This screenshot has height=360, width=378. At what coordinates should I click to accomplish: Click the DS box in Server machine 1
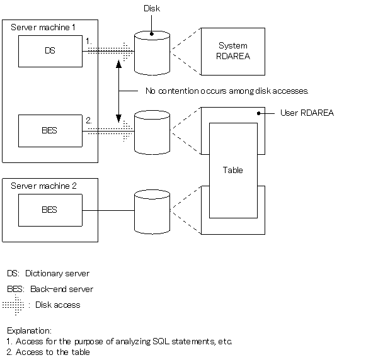[x=50, y=51]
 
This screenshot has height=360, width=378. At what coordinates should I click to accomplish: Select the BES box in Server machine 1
[x=50, y=131]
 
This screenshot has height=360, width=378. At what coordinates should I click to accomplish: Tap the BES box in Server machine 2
[x=50, y=210]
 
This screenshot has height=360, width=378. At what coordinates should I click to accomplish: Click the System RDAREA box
[x=233, y=52]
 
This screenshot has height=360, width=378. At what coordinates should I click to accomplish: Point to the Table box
[x=233, y=171]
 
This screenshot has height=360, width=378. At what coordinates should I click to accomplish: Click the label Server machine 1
[x=43, y=27]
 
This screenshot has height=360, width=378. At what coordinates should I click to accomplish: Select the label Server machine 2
[x=43, y=186]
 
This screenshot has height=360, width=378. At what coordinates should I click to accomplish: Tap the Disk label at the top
[x=152, y=8]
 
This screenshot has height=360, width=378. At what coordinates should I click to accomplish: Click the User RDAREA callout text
[x=307, y=113]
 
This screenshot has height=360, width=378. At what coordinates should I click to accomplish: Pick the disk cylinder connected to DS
[x=152, y=53]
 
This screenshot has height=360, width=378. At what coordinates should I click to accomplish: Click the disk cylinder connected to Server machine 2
[x=152, y=212]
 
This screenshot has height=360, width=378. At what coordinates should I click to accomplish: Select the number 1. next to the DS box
[x=89, y=41]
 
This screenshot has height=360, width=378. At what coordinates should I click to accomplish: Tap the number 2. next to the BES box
[x=89, y=120]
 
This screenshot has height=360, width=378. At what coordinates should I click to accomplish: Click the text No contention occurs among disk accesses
[x=227, y=91]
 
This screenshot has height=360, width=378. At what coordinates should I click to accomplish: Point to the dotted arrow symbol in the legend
[x=13, y=305]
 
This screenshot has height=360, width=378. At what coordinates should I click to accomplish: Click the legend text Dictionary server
[x=57, y=274]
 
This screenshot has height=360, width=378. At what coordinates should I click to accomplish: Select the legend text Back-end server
[x=62, y=289]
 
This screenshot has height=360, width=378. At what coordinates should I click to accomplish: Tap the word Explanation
[x=29, y=330]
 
